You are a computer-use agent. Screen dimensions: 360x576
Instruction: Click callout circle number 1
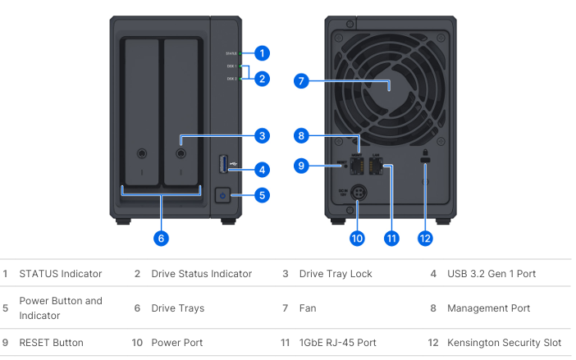coord(262,53)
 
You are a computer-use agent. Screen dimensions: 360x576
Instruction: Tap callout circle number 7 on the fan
coord(301,81)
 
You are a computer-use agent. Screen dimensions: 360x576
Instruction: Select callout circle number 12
coord(425,239)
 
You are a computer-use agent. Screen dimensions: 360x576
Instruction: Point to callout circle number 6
coord(161,239)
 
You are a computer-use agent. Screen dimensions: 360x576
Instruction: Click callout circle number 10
coord(357,239)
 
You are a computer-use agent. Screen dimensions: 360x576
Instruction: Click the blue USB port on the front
coord(222,164)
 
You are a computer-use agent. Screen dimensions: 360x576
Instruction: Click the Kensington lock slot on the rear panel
coord(425,166)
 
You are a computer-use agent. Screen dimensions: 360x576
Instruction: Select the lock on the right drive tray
coord(181,153)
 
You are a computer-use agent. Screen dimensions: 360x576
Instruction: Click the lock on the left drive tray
coord(142,153)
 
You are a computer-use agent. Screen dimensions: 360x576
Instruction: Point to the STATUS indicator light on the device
coord(240,53)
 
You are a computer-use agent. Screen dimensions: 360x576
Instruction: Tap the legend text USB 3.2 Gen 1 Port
coord(491,273)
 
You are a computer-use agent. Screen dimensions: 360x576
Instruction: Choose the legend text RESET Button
coord(53,340)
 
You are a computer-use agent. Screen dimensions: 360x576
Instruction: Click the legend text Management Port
coord(489,308)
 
